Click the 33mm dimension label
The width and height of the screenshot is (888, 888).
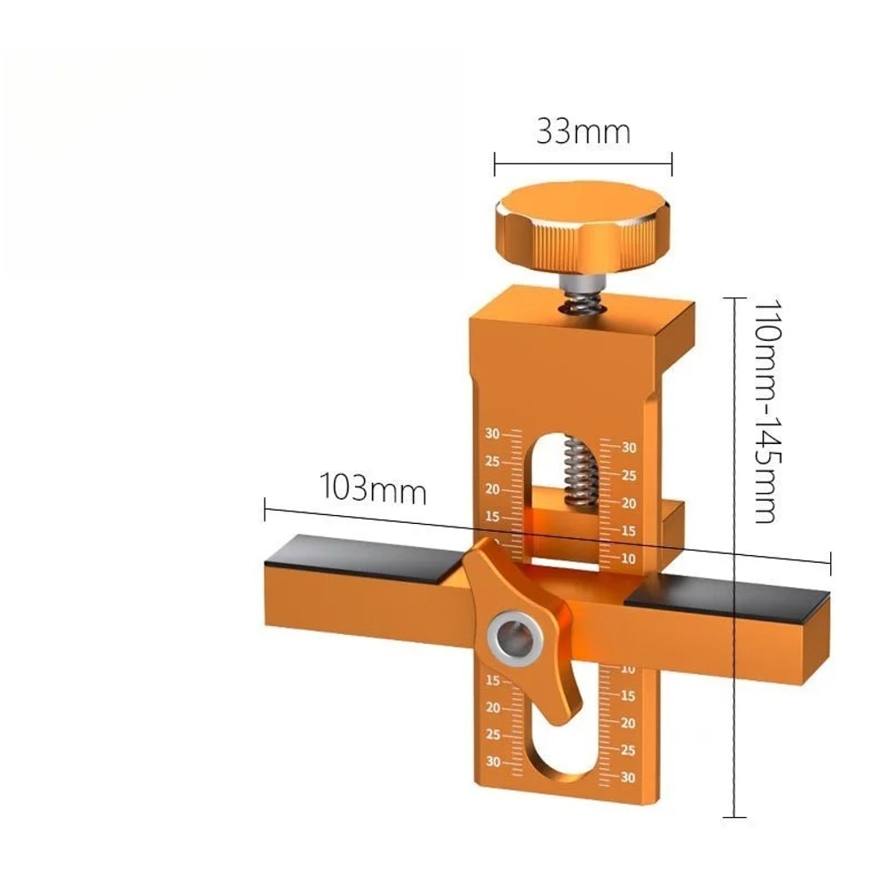coord(583,131)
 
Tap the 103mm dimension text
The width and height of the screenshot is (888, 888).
coord(373,489)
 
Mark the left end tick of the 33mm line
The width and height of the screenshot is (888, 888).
coord(495,163)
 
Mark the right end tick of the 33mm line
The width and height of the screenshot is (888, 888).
coord(672,163)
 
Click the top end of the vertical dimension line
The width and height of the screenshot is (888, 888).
coord(733,297)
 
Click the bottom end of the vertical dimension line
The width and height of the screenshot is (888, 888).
coord(733,816)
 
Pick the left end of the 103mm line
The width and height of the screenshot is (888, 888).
coord(265,509)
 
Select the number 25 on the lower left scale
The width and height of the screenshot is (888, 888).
coord(493,735)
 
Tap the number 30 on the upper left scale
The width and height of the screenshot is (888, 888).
coord(492,434)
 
